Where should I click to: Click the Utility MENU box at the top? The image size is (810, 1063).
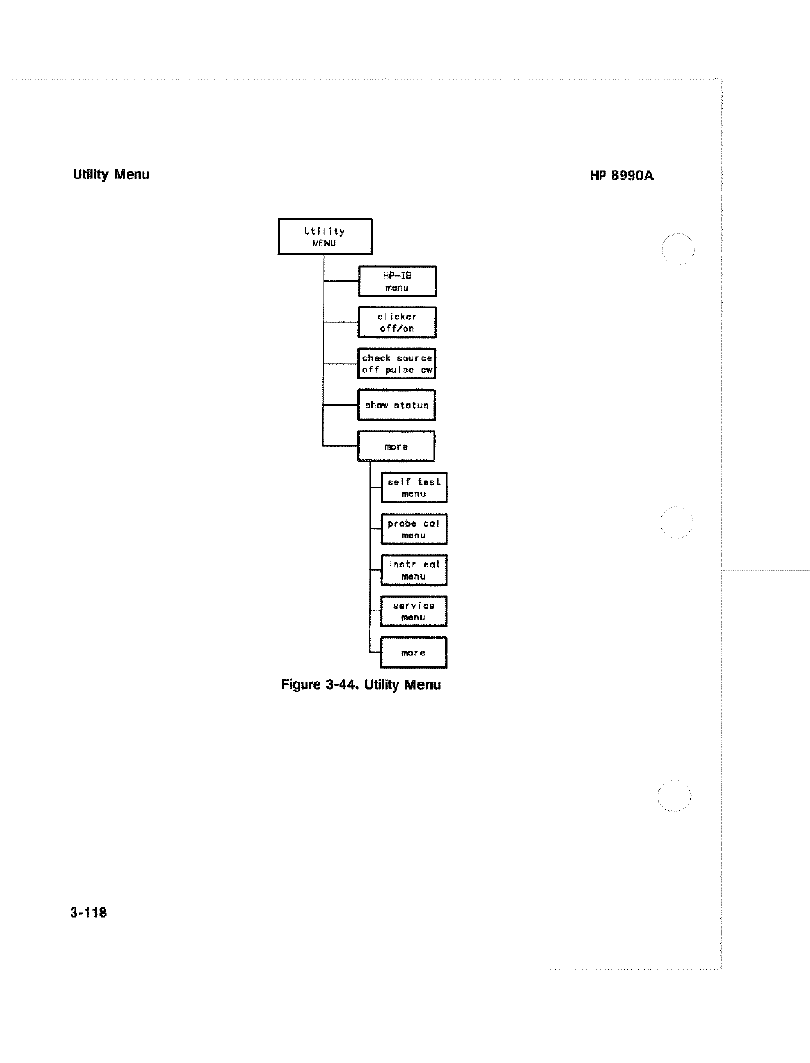(x=324, y=237)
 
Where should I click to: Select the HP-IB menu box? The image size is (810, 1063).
(x=397, y=281)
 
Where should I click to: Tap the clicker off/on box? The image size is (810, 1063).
(x=397, y=322)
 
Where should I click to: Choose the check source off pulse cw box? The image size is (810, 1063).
(x=397, y=364)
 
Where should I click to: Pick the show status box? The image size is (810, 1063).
(x=397, y=405)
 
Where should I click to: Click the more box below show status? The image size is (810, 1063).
(x=396, y=446)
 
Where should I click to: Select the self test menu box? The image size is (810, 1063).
(x=413, y=487)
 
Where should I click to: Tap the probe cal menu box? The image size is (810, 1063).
(x=413, y=529)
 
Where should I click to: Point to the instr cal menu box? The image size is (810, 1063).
(x=413, y=570)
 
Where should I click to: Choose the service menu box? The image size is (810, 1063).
(x=413, y=611)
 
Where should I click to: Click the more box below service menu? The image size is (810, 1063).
(x=413, y=652)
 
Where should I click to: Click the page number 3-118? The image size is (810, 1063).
(x=88, y=913)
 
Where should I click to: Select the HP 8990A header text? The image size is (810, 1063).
(x=621, y=176)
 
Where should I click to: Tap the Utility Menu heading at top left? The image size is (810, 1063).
(x=111, y=175)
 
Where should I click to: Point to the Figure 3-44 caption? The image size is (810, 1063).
(x=361, y=685)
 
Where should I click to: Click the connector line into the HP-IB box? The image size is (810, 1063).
(x=341, y=281)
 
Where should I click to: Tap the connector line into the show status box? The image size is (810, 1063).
(x=341, y=405)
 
